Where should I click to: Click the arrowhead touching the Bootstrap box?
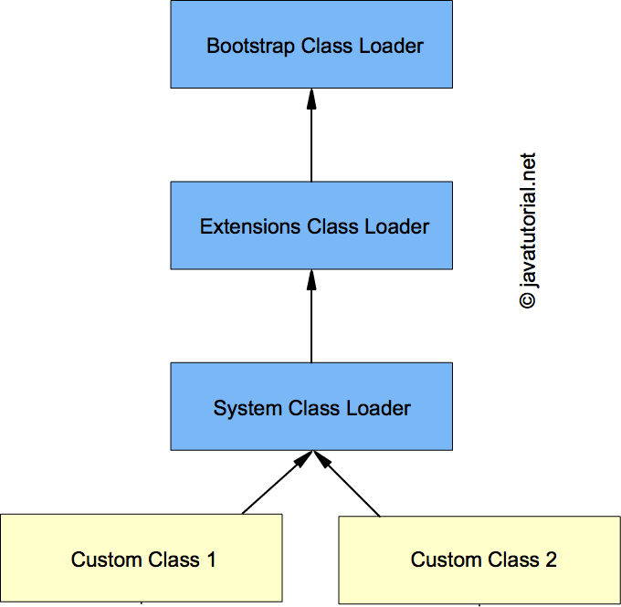point(311,99)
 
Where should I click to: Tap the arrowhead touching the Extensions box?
point(311,279)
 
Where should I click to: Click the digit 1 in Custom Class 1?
point(211,560)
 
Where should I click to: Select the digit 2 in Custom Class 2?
point(551,560)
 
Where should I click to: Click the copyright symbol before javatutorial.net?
point(528,299)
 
